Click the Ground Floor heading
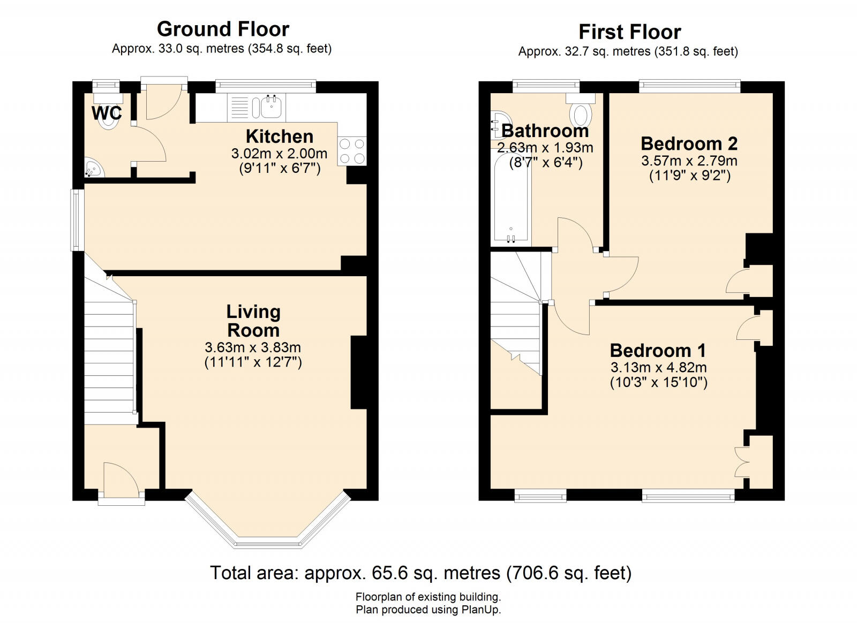click(223, 29)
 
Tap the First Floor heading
click(630, 32)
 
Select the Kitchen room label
click(279, 136)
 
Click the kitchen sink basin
click(272, 107)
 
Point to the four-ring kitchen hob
click(352, 151)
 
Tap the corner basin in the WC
click(93, 168)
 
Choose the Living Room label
click(253, 321)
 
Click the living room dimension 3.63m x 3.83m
click(253, 347)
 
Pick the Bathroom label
click(545, 131)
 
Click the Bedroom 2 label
click(689, 144)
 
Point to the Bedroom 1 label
click(658, 351)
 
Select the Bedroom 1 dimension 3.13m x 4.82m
click(658, 367)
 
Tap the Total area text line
click(421, 573)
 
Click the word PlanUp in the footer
click(482, 609)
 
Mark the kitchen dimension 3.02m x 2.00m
click(279, 154)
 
